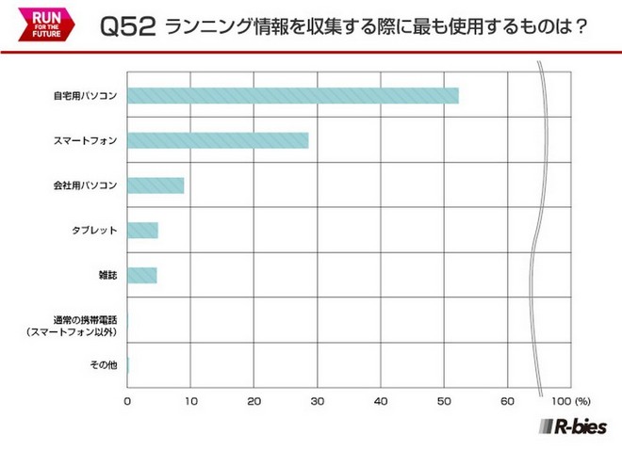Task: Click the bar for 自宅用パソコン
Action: click(292, 95)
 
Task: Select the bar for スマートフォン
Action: click(218, 140)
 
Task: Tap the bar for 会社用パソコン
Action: click(155, 185)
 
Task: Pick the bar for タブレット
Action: click(142, 231)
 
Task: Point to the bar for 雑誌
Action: click(142, 275)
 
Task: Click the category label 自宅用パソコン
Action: click(85, 96)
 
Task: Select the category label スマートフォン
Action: click(86, 141)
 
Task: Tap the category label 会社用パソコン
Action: click(85, 185)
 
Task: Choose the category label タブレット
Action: click(94, 231)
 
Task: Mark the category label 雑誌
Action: click(104, 276)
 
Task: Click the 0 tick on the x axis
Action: click(127, 400)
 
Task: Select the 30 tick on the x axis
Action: click(318, 400)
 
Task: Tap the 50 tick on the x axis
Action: click(445, 400)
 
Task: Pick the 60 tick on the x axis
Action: click(508, 400)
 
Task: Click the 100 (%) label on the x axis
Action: click(567, 400)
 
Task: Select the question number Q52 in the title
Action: click(127, 26)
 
